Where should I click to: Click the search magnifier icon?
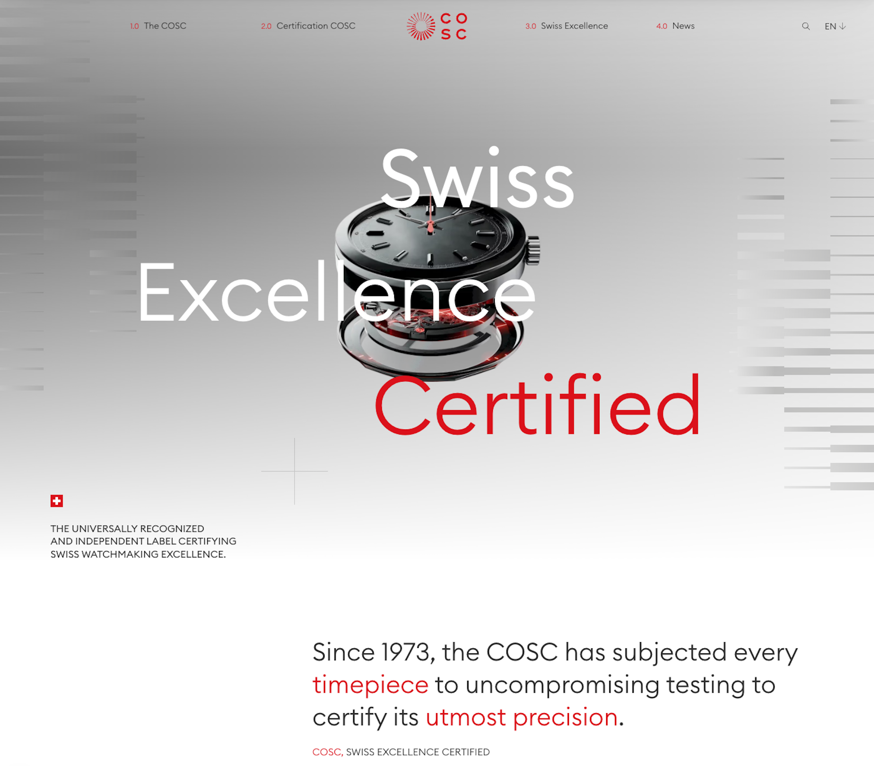click(x=806, y=26)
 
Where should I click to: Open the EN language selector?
click(x=835, y=26)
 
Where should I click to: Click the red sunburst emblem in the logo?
click(x=421, y=26)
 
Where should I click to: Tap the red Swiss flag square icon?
click(x=57, y=501)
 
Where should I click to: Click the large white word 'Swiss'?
click(x=477, y=177)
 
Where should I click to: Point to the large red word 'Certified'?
click(x=538, y=404)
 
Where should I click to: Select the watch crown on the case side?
click(x=533, y=250)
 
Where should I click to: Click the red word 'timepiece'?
click(x=371, y=685)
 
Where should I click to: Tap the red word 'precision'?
click(x=565, y=717)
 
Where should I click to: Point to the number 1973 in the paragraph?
click(x=406, y=652)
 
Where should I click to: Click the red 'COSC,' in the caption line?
click(x=327, y=752)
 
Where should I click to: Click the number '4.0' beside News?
click(x=662, y=26)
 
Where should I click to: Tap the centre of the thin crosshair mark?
click(x=295, y=471)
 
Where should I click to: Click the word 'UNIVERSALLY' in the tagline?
click(x=104, y=529)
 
